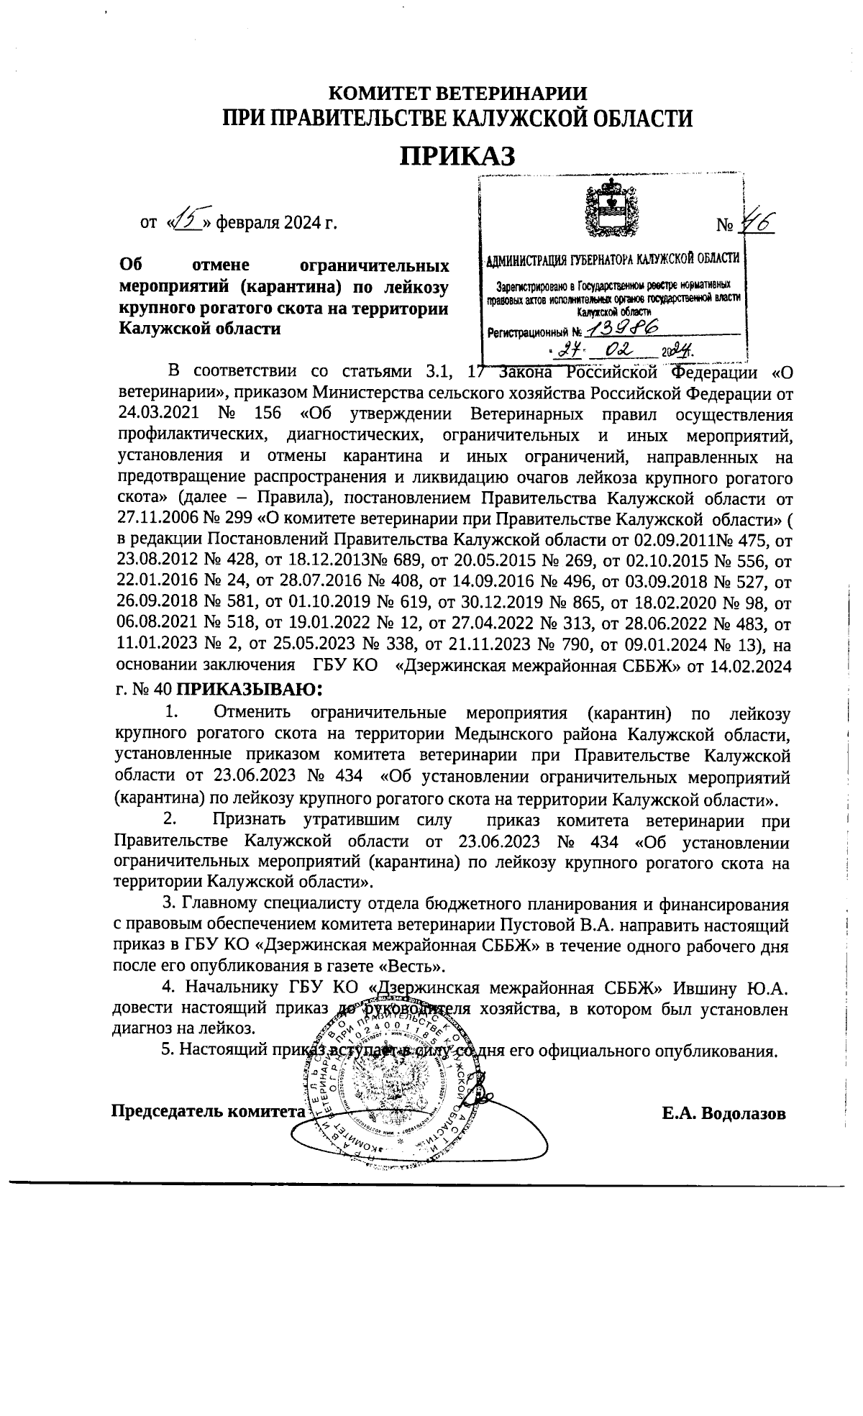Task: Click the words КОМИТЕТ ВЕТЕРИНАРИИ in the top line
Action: click(x=457, y=93)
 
